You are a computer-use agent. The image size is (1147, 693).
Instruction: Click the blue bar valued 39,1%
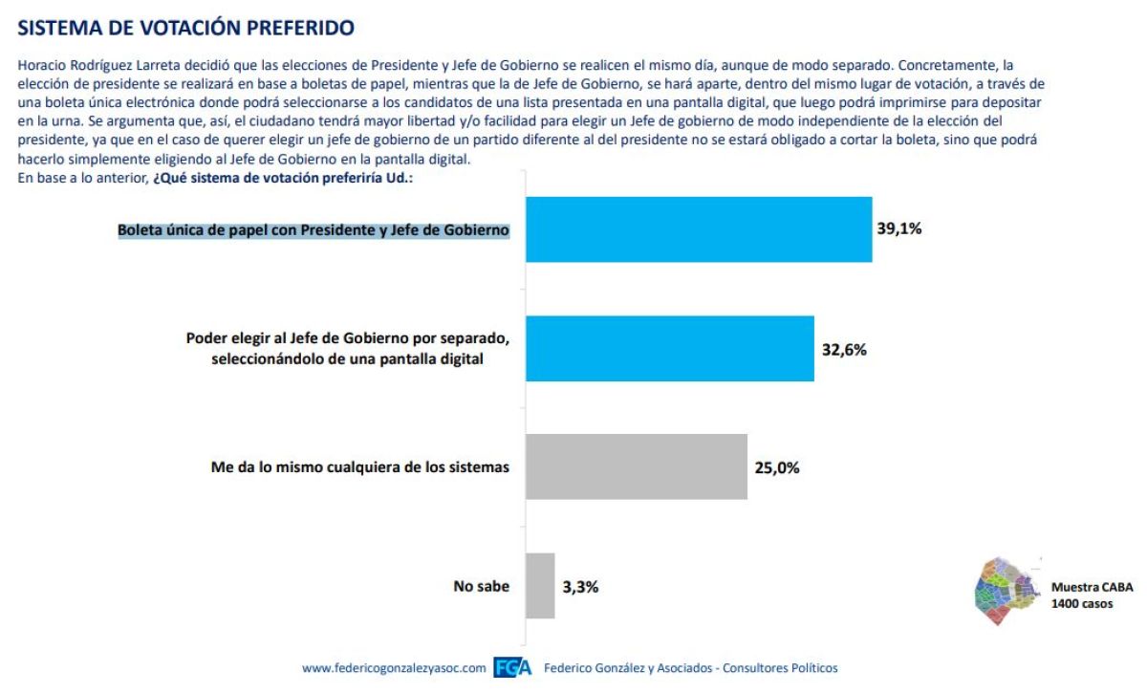point(699,229)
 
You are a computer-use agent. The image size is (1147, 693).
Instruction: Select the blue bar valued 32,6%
point(669,349)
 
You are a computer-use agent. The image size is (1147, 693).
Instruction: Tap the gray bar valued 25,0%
point(636,466)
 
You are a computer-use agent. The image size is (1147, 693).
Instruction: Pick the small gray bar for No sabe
point(540,585)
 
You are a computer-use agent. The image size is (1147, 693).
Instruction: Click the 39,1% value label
point(899,229)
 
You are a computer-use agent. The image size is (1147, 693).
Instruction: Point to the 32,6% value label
point(842,350)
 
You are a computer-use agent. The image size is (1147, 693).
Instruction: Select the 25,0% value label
point(776,467)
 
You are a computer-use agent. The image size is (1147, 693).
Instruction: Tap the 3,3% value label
point(580,587)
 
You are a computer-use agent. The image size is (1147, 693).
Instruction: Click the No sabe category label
point(481,586)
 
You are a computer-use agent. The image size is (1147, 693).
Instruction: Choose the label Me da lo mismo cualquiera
point(360,467)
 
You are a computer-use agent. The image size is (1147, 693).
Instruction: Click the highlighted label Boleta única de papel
point(314,230)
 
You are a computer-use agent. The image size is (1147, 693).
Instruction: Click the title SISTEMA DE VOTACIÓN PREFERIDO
point(185,29)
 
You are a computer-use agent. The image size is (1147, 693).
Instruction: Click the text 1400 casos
point(1082,603)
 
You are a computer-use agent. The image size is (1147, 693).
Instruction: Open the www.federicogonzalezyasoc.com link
point(394,668)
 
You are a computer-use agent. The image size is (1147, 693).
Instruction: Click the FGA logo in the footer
point(513,668)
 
